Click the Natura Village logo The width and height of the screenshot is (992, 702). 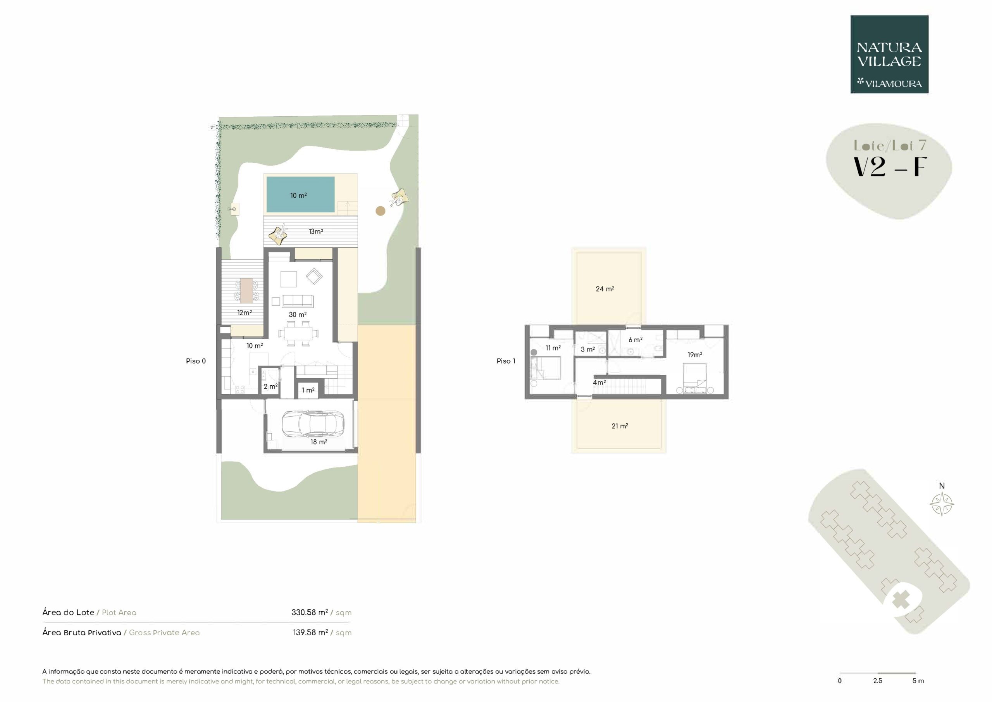pyautogui.click(x=889, y=55)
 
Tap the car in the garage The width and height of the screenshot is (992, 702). pyautogui.click(x=313, y=423)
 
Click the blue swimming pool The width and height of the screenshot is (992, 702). pyautogui.click(x=300, y=195)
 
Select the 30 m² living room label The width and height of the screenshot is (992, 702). pyautogui.click(x=298, y=315)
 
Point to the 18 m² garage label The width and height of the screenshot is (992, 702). pyautogui.click(x=319, y=442)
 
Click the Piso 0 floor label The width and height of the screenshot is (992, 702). pyautogui.click(x=196, y=361)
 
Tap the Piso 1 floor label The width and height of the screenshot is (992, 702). pyautogui.click(x=506, y=361)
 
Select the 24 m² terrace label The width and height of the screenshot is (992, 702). pyautogui.click(x=605, y=289)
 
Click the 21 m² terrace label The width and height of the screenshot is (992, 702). pyautogui.click(x=620, y=426)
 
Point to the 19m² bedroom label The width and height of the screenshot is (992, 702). pyautogui.click(x=695, y=354)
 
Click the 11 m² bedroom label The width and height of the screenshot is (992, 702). pyautogui.click(x=553, y=348)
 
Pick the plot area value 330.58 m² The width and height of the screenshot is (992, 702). pyautogui.click(x=310, y=612)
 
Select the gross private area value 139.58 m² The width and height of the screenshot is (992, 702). pyautogui.click(x=311, y=632)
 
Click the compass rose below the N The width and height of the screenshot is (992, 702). pyautogui.click(x=942, y=504)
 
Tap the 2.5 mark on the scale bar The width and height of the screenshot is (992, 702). pyautogui.click(x=878, y=680)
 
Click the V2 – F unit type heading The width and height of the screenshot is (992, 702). pyautogui.click(x=890, y=167)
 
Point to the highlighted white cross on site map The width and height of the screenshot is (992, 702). pyautogui.click(x=901, y=600)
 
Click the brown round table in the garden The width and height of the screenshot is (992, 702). pyautogui.click(x=380, y=211)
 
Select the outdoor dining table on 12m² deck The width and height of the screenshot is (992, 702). pyautogui.click(x=247, y=290)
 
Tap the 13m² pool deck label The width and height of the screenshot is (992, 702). pyautogui.click(x=316, y=231)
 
